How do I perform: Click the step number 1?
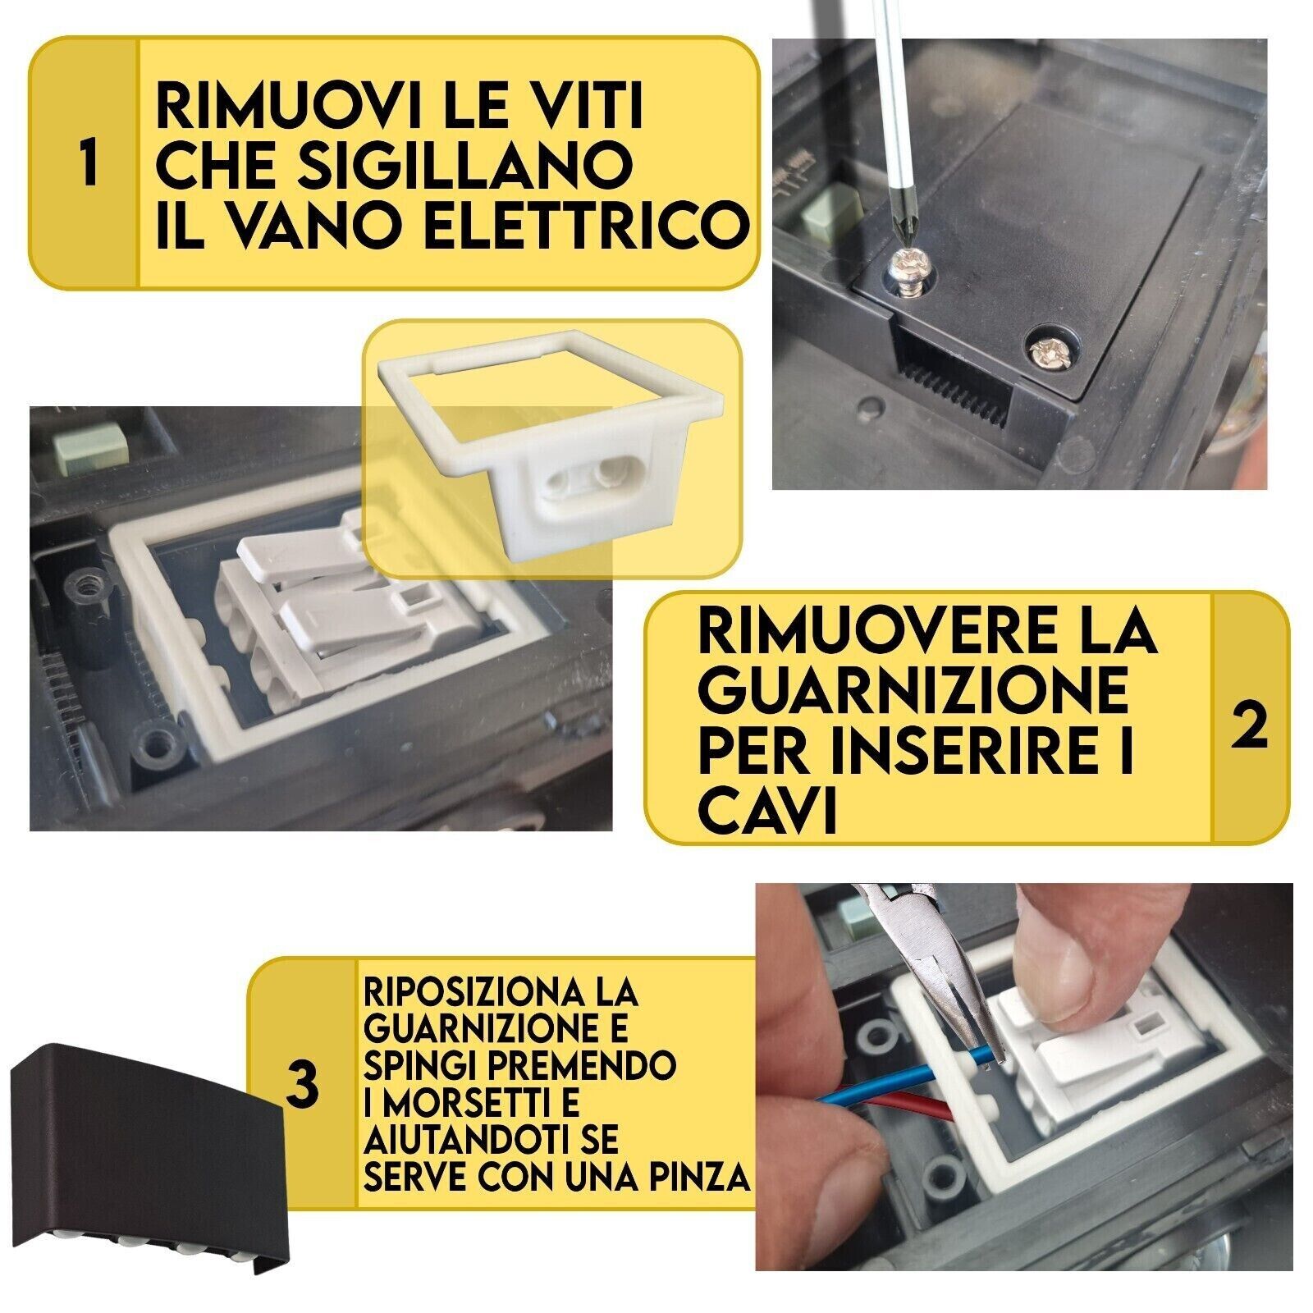[x=89, y=164]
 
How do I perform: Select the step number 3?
[x=302, y=1082]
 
